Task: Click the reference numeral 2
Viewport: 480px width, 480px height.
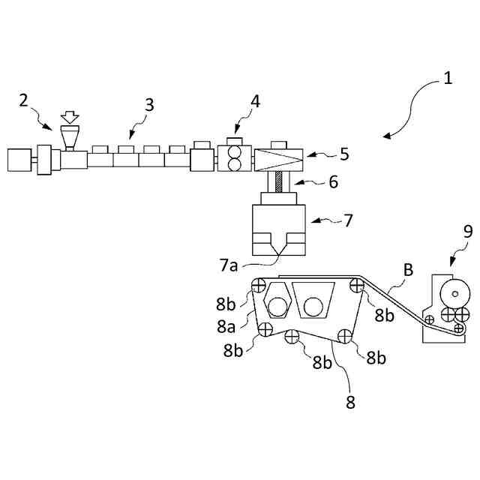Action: click(x=24, y=100)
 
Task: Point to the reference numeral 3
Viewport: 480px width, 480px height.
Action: click(x=149, y=104)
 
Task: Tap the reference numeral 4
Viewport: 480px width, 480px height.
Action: click(x=256, y=101)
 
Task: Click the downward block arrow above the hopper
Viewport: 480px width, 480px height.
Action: click(x=70, y=118)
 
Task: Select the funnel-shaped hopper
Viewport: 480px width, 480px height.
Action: click(x=70, y=138)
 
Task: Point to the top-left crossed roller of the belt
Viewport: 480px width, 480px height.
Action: click(x=259, y=284)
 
